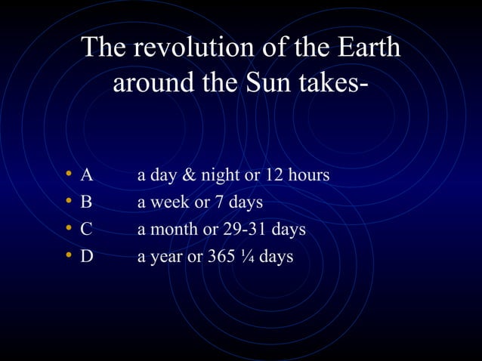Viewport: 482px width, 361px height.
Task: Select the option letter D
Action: click(x=87, y=257)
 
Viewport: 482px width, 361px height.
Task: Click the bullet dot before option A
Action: click(x=68, y=175)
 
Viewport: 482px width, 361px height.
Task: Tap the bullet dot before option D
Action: click(x=68, y=257)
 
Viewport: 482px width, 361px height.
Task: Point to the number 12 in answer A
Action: click(x=274, y=175)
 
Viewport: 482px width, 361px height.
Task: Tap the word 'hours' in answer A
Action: click(x=309, y=175)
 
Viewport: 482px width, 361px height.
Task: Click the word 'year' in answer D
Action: click(x=167, y=257)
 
